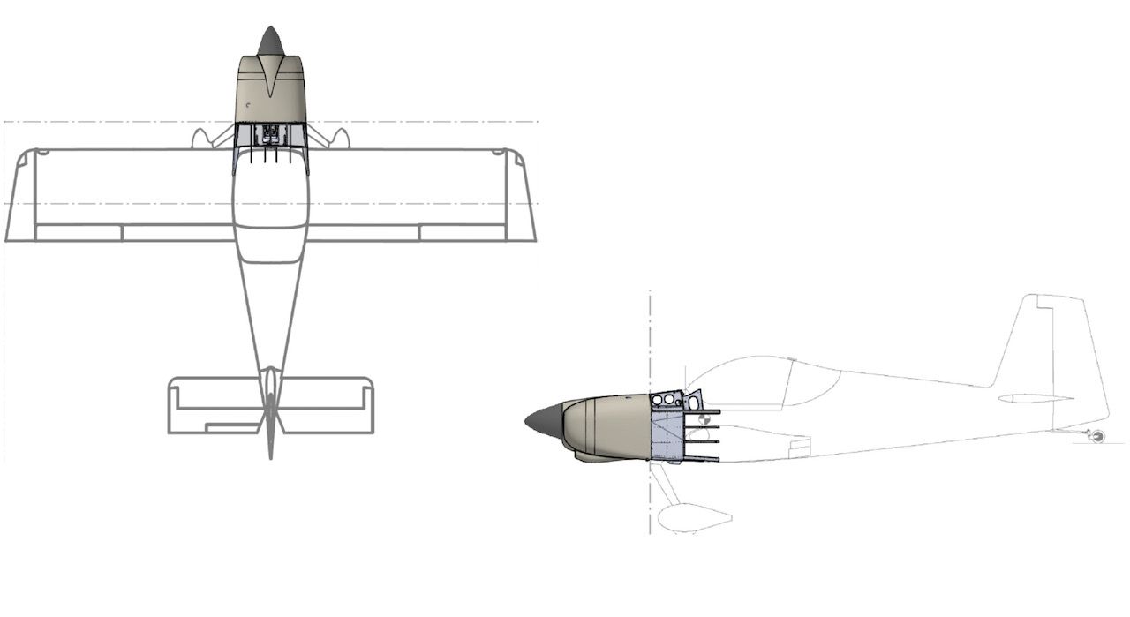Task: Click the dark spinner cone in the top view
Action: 270,41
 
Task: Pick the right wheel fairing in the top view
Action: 340,138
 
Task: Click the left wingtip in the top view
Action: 19,194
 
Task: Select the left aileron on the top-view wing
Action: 78,233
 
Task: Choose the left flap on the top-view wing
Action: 177,233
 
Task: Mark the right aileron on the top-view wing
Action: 463,233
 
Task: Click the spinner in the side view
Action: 541,421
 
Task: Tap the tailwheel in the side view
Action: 1097,436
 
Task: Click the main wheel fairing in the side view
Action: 696,517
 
